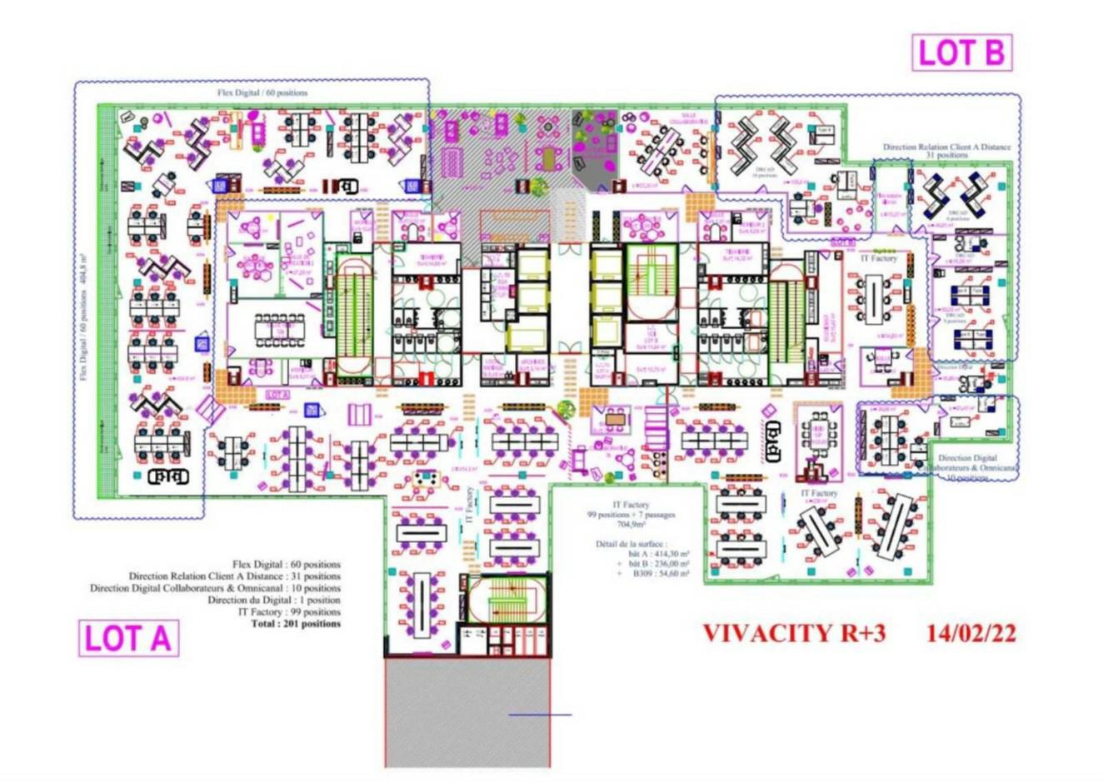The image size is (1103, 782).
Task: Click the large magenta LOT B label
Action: click(961, 52)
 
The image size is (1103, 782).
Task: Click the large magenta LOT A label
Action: click(128, 639)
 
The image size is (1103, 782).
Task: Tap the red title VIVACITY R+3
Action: click(794, 633)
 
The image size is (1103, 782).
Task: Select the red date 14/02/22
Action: click(971, 633)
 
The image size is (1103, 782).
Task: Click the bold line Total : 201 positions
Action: click(296, 623)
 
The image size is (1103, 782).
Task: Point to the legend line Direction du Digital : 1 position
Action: click(274, 600)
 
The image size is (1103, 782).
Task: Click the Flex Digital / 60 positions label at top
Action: click(262, 92)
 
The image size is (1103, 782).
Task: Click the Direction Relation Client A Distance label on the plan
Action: click(946, 147)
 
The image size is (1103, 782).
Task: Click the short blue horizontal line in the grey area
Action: click(540, 715)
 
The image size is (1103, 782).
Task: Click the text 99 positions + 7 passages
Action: click(631, 515)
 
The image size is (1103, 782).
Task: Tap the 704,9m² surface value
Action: click(631, 525)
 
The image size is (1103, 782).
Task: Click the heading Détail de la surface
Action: click(631, 543)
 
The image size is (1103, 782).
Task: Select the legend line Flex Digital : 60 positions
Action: click(287, 565)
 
